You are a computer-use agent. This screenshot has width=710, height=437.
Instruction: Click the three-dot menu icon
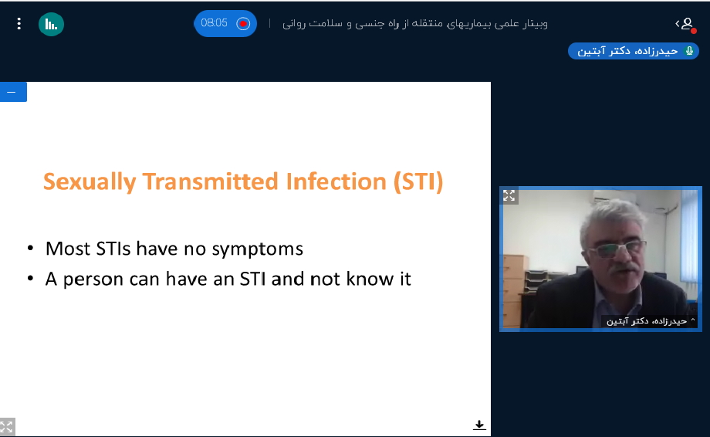(19, 23)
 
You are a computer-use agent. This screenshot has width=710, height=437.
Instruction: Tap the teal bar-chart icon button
(51, 24)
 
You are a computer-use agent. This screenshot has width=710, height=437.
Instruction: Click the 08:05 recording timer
(215, 23)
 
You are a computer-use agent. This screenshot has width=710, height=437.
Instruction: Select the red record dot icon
(243, 23)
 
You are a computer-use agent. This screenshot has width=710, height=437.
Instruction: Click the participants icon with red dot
(686, 24)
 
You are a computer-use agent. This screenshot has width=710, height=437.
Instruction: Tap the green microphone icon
(689, 51)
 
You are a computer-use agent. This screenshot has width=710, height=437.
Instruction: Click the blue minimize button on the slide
(13, 92)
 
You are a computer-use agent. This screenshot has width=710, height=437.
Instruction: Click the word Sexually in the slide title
(90, 182)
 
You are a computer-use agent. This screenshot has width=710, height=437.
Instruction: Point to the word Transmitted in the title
(211, 181)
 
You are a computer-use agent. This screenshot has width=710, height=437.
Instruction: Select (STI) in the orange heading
(418, 181)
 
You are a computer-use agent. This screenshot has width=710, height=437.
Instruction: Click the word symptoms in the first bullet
(258, 249)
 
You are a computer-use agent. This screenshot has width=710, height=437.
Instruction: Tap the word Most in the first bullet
(68, 249)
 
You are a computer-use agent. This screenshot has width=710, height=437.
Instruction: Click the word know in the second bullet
(370, 279)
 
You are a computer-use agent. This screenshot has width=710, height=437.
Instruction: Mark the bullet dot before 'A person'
(30, 278)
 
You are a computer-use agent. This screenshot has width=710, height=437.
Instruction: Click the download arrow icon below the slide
(479, 425)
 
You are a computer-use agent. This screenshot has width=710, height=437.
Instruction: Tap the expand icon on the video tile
(509, 195)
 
